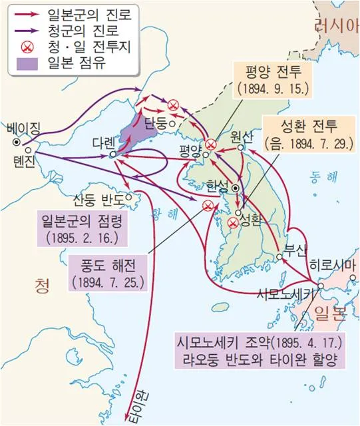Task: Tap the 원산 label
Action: tap(242, 136)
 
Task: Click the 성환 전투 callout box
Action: tap(301, 132)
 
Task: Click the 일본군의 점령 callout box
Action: tap(83, 228)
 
